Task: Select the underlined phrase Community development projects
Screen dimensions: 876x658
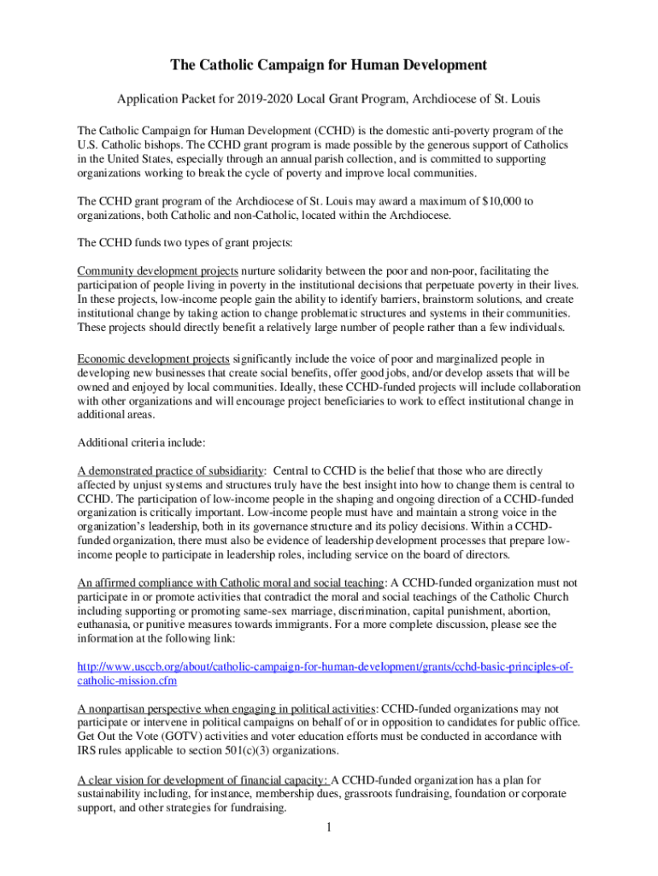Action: click(x=152, y=271)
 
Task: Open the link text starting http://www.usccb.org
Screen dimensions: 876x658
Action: click(x=325, y=666)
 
